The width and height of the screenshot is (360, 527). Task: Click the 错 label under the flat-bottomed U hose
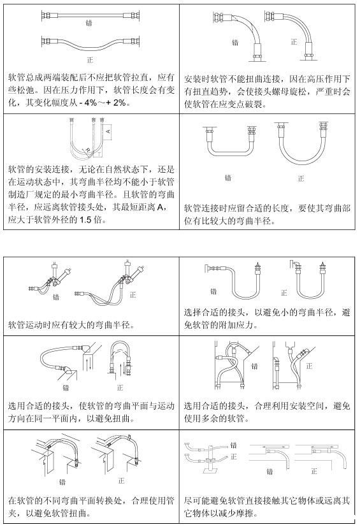pyautogui.click(x=228, y=178)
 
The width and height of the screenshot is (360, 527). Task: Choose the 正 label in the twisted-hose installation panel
pyautogui.click(x=294, y=41)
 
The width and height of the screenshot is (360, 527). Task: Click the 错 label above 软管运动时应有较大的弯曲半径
pyautogui.click(x=56, y=297)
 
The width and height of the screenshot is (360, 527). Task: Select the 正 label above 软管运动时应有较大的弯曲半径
pyautogui.click(x=133, y=295)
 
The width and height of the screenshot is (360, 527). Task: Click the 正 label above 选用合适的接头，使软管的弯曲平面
pyautogui.click(x=120, y=387)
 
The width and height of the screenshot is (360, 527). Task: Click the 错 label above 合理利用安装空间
pyautogui.click(x=254, y=366)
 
